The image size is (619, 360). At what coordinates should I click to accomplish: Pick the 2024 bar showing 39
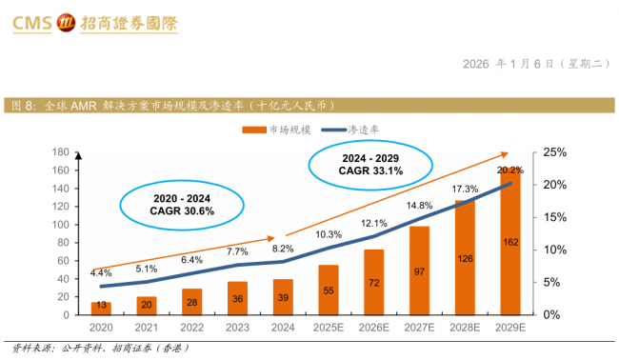[282, 296]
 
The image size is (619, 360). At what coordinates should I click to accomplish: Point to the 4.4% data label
[100, 273]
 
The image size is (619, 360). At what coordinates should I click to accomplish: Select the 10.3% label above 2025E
[328, 234]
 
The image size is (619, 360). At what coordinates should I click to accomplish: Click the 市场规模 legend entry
[280, 129]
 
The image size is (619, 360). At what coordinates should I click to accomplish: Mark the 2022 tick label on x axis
[191, 327]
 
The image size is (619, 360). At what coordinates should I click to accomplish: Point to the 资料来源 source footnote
[101, 349]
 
